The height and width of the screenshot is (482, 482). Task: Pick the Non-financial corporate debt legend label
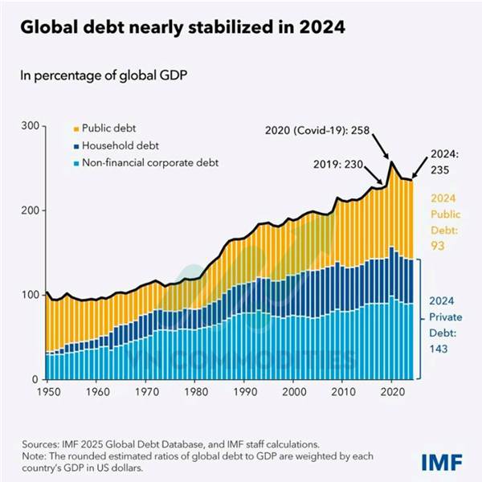(x=149, y=163)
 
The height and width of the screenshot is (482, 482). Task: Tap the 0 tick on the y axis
(x=35, y=379)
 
